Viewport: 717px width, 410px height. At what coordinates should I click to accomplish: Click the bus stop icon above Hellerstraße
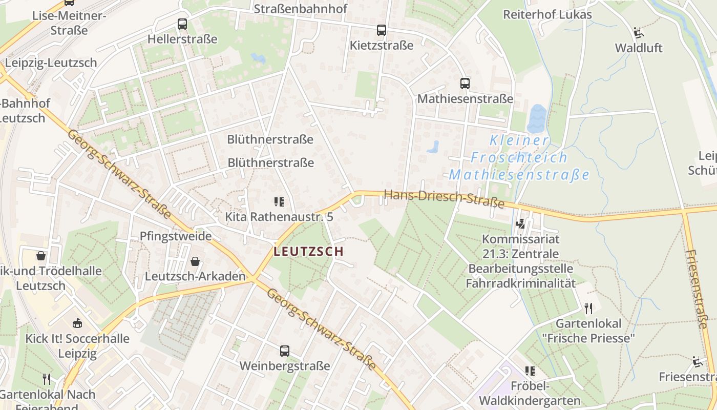click(x=182, y=24)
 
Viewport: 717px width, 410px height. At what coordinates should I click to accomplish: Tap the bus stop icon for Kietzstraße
click(x=381, y=30)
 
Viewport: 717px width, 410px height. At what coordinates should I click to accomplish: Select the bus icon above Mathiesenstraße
click(x=465, y=83)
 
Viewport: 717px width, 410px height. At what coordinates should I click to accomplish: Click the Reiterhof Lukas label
click(x=547, y=14)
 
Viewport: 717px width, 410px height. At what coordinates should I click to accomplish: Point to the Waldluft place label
click(x=638, y=48)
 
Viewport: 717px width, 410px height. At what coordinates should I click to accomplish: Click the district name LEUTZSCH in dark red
click(x=308, y=252)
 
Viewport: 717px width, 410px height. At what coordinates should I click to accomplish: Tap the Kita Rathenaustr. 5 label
click(x=279, y=217)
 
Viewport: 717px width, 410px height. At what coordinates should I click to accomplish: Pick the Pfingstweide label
click(x=176, y=236)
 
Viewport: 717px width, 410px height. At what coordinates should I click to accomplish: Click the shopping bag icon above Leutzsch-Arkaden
click(x=194, y=261)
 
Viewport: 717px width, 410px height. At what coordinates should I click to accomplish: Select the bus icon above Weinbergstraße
click(x=284, y=351)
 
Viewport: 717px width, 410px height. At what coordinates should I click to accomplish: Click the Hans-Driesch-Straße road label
click(x=444, y=199)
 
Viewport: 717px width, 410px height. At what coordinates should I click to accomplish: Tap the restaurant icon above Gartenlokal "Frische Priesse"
click(x=588, y=308)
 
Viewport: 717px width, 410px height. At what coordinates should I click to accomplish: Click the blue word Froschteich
click(x=519, y=157)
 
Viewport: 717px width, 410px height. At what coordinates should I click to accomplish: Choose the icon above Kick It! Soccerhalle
click(x=77, y=323)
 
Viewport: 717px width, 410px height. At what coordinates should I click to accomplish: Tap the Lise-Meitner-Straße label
click(x=69, y=23)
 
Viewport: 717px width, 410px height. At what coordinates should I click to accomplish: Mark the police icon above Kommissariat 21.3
click(x=521, y=223)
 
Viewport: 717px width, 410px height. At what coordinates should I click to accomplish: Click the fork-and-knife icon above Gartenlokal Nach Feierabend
click(x=47, y=379)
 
